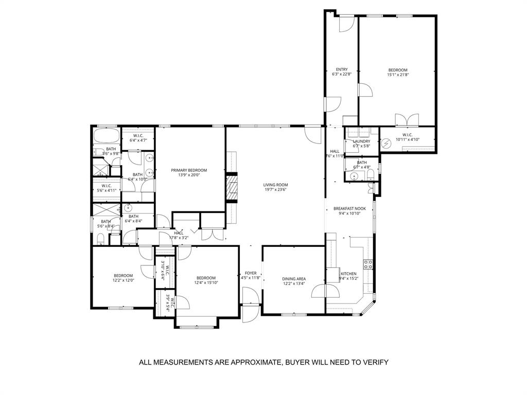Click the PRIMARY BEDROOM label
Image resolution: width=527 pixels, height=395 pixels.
point(189,170)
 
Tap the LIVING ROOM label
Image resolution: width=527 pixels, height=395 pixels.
point(275,185)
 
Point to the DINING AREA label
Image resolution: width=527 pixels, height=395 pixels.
point(293,279)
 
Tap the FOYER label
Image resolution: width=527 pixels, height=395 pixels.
point(251,274)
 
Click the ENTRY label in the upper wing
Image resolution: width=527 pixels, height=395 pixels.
point(342,69)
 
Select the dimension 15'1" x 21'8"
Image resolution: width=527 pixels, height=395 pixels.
point(398,75)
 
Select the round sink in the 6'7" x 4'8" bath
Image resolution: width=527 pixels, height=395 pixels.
point(354,177)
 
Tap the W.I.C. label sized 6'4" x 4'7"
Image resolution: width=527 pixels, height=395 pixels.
point(137,137)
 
